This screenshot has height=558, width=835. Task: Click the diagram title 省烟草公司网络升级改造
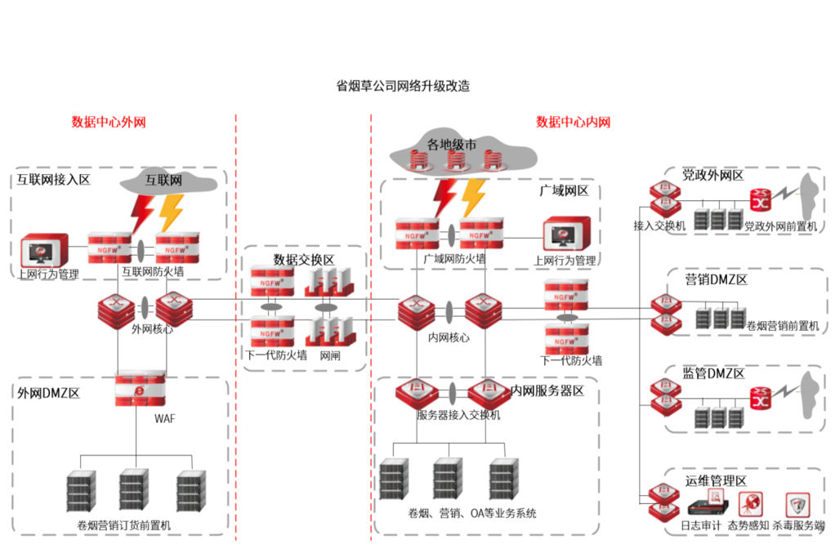click(x=403, y=86)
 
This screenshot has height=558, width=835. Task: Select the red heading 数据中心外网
click(x=109, y=123)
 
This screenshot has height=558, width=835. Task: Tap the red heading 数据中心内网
click(x=573, y=123)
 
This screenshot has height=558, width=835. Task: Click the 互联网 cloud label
click(x=163, y=180)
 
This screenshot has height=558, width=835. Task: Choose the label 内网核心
click(x=449, y=337)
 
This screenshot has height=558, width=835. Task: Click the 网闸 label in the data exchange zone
click(x=330, y=356)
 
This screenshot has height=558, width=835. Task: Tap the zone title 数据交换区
click(x=303, y=259)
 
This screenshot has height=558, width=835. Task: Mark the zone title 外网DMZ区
click(x=49, y=392)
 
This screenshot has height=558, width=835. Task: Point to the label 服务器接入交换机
click(x=458, y=415)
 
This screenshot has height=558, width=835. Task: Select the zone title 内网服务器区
click(x=547, y=391)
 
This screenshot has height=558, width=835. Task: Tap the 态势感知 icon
click(x=750, y=503)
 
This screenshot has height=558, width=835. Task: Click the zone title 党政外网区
click(x=713, y=176)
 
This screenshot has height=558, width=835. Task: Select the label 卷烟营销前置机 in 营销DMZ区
click(x=782, y=326)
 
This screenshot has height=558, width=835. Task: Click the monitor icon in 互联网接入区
click(x=37, y=249)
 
